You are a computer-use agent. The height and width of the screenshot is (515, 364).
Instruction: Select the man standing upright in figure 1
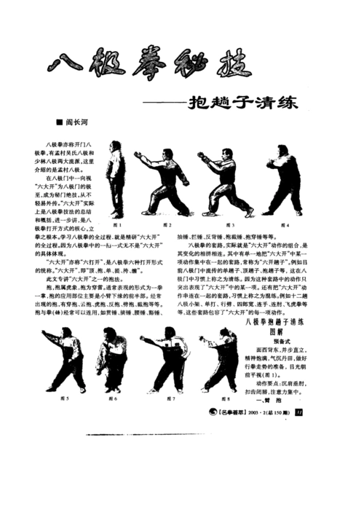pos(119,181)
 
